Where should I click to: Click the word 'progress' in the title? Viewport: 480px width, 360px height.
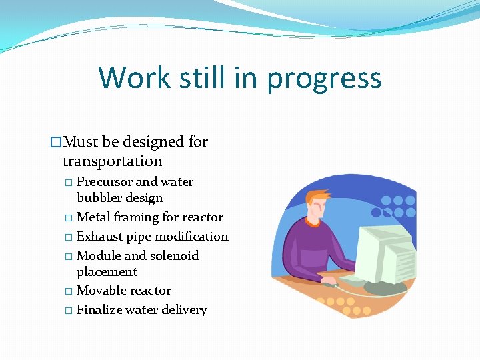[x=324, y=79]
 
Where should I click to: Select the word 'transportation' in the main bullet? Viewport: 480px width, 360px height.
[x=112, y=161]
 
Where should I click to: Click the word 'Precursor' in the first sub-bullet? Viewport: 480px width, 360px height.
[x=105, y=182]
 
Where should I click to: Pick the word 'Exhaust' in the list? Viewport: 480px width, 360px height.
[x=100, y=237]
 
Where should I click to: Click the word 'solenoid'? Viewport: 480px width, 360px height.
[x=174, y=256]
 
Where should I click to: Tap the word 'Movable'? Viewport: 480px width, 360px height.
[x=103, y=291]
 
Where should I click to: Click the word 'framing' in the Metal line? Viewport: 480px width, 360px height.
[x=138, y=217]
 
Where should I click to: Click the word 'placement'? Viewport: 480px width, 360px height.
[x=107, y=272]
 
